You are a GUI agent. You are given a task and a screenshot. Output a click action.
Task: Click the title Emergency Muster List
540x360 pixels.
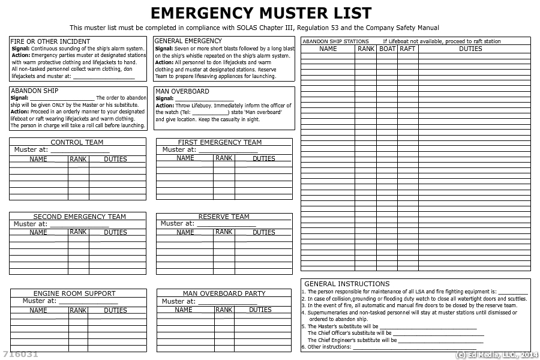[261, 13]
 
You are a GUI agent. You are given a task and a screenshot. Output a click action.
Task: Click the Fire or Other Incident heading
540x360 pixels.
[50, 41]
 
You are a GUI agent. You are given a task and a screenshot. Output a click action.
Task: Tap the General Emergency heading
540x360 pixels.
[188, 41]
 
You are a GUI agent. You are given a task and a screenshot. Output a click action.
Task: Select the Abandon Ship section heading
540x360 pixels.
[34, 91]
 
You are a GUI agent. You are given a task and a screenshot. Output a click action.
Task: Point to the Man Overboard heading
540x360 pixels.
[182, 91]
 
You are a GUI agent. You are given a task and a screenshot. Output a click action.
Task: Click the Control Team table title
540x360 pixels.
[77, 142]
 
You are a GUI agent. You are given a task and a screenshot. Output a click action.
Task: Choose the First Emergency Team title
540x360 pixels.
[220, 142]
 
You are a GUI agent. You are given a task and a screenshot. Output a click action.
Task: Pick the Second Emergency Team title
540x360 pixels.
[79, 217]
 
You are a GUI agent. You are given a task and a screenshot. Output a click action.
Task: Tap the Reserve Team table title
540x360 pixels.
[224, 217]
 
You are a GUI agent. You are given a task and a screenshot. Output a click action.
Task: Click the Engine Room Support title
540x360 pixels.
[74, 293]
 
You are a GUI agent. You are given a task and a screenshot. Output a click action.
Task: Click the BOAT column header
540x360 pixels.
[388, 49]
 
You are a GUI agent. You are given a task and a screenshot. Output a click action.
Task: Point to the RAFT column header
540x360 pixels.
[407, 49]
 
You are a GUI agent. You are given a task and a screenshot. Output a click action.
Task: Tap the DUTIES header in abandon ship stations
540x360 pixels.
[470, 49]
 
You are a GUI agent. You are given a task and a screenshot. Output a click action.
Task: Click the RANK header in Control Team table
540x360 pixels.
[78, 159]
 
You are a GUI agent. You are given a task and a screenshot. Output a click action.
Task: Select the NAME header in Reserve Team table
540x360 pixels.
[185, 232]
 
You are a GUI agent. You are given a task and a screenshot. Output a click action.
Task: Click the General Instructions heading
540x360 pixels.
[347, 284]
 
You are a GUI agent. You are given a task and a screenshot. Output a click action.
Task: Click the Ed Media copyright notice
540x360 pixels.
[497, 355]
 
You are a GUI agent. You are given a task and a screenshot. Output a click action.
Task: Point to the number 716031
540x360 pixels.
[20, 355]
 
